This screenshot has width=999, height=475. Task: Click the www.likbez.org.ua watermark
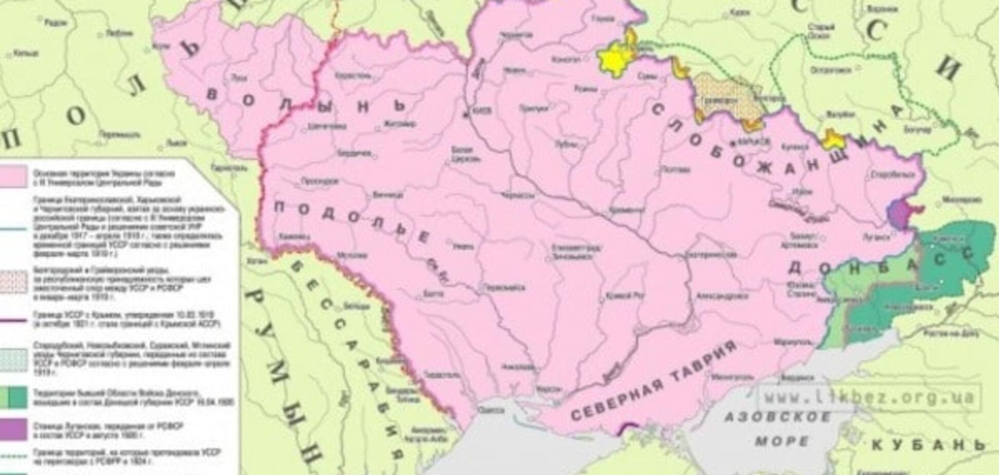pyautogui.click(x=868, y=396)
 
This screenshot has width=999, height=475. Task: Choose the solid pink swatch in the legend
pyautogui.click(x=13, y=176)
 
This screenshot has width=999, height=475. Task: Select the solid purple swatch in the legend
pyautogui.click(x=13, y=430)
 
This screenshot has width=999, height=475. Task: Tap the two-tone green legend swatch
pyautogui.click(x=13, y=397)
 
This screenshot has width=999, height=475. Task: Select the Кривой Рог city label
pyautogui.click(x=618, y=297)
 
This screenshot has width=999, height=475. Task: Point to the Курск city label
pyautogui.click(x=740, y=12)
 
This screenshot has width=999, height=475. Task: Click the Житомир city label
pyautogui.click(x=398, y=124)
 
